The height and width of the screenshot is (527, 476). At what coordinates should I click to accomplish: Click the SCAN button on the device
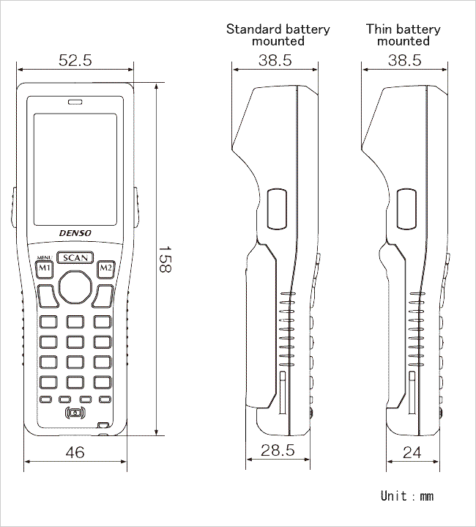pyautogui.click(x=75, y=258)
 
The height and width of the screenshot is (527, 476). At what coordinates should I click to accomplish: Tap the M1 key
pyautogui.click(x=45, y=268)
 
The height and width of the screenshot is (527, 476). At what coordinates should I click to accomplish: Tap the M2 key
pyautogui.click(x=106, y=268)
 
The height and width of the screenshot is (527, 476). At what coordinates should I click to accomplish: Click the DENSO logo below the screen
pyautogui.click(x=75, y=233)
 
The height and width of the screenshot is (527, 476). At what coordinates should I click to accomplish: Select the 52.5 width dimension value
pyautogui.click(x=75, y=61)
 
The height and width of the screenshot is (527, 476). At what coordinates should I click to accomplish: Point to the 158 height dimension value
pyautogui.click(x=165, y=259)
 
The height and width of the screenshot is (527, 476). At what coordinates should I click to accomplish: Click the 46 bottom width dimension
pyautogui.click(x=75, y=452)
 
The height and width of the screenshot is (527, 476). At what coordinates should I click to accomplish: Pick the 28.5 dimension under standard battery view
pyautogui.click(x=278, y=450)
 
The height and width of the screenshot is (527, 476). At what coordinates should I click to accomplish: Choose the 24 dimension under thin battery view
pyautogui.click(x=412, y=452)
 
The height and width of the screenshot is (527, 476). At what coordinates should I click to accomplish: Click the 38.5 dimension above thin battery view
pyautogui.click(x=404, y=61)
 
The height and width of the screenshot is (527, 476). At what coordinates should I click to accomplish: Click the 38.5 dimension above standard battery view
pyautogui.click(x=275, y=61)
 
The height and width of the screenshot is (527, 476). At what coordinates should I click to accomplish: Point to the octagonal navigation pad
pyautogui.click(x=75, y=287)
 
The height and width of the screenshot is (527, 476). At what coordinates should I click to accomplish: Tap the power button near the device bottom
pyautogui.click(x=75, y=413)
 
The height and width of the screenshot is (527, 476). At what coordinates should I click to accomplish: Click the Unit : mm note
pyautogui.click(x=407, y=496)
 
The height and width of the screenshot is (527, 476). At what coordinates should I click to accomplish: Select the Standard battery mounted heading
pyautogui.click(x=278, y=35)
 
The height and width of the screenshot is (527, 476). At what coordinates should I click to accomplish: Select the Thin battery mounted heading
pyautogui.click(x=404, y=35)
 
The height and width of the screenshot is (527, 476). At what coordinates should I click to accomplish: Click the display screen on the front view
pyautogui.click(x=75, y=169)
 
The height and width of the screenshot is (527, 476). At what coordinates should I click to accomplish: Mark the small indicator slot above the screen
pyautogui.click(x=75, y=102)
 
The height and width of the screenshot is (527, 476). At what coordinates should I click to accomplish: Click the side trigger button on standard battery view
pyautogui.click(x=277, y=209)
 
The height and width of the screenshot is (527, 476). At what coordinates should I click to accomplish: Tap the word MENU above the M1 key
pyautogui.click(x=45, y=258)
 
